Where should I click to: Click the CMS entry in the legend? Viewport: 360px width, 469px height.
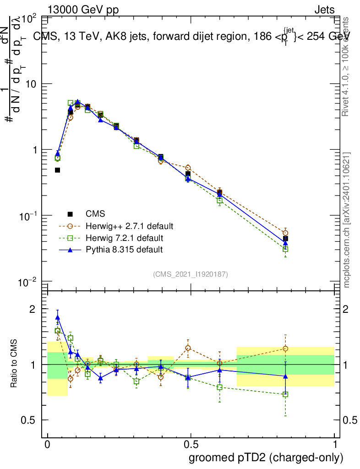(95, 214)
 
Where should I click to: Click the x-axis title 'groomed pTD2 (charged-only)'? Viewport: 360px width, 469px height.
(266, 458)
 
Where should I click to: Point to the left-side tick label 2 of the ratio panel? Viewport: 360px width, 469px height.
(32, 309)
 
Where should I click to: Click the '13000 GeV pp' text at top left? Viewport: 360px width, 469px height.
(83, 10)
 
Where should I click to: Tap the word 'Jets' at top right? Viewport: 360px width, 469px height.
(324, 10)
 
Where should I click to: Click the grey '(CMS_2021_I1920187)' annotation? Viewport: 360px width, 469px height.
(191, 274)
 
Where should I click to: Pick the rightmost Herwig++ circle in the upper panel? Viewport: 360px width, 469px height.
(285, 233)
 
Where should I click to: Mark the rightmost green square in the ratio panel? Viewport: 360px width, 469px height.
(285, 394)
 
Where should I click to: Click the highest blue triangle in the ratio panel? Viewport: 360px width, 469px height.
(58, 317)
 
